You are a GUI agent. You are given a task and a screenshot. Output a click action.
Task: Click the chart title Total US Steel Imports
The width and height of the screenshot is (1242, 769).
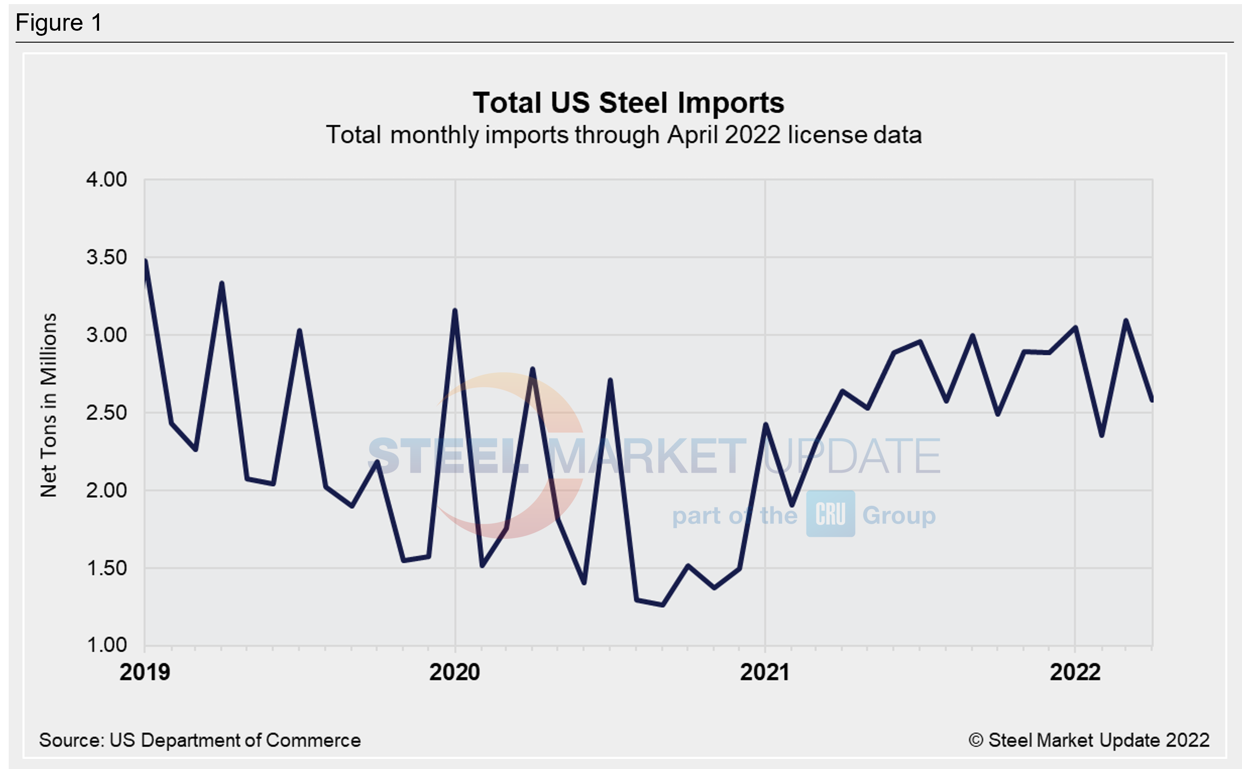tap(628, 103)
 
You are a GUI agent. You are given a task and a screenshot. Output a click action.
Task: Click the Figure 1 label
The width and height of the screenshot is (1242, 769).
tap(59, 23)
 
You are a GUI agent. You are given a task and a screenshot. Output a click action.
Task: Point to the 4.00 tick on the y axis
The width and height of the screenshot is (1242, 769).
tap(106, 180)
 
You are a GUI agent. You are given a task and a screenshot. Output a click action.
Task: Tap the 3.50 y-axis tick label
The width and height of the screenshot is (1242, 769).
tap(106, 257)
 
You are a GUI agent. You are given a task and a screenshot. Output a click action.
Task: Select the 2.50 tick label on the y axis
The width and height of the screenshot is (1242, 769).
tap(106, 413)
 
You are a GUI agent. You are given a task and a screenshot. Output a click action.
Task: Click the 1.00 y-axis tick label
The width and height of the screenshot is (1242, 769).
tap(106, 645)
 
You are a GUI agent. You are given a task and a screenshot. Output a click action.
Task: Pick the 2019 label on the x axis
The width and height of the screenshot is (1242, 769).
tap(145, 672)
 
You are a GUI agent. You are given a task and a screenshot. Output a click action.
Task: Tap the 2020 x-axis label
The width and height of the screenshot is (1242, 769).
tap(455, 672)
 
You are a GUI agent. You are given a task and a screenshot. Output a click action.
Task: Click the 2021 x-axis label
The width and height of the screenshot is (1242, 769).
tap(765, 672)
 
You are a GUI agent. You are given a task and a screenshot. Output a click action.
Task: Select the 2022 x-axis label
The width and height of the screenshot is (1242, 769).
tap(1075, 672)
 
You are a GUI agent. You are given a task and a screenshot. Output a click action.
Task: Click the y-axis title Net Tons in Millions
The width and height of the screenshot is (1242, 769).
tap(49, 405)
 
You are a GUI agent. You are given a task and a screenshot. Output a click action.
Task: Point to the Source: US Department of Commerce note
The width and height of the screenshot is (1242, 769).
tap(200, 740)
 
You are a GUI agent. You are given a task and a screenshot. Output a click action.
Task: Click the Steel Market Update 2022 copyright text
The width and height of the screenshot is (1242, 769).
tap(1089, 740)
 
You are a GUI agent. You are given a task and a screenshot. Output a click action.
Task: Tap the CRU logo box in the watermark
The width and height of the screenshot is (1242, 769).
tap(830, 514)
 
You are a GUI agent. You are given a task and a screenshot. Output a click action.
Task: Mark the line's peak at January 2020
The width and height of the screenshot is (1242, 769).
tap(455, 310)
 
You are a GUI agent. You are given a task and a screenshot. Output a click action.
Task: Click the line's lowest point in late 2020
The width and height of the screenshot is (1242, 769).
tap(662, 605)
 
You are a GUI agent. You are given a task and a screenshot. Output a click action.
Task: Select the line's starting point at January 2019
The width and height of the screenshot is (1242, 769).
tap(145, 261)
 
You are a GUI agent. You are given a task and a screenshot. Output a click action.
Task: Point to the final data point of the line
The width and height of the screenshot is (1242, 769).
tap(1152, 400)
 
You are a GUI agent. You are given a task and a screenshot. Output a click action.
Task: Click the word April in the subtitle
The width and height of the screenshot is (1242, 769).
tap(693, 135)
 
